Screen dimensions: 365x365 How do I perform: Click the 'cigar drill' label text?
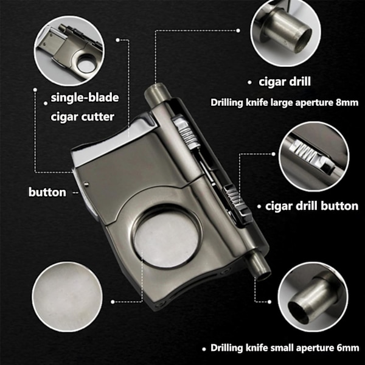pyautogui.click(x=285, y=82)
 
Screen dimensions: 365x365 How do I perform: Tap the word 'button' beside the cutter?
pyautogui.click(x=47, y=192)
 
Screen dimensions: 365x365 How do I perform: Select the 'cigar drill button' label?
pyautogui.click(x=311, y=206)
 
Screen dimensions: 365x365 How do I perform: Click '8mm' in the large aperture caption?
pyautogui.click(x=347, y=102)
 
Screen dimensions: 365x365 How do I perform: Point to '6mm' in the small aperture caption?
pyautogui.click(x=348, y=348)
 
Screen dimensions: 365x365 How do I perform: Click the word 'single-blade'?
pyautogui.click(x=85, y=97)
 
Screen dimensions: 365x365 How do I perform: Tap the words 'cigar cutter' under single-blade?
pyautogui.click(x=82, y=117)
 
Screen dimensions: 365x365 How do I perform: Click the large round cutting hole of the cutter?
pyautogui.click(x=166, y=237)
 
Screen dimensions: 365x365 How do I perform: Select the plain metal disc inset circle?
pyautogui.click(x=67, y=297)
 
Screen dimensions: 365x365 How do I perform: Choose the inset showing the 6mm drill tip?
pyautogui.click(x=313, y=297)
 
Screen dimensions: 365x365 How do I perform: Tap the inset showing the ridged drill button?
pyautogui.click(x=314, y=156)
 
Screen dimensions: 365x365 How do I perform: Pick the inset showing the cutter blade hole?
pyautogui.click(x=69, y=50)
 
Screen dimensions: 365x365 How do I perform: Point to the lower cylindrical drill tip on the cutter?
pyautogui.click(x=259, y=266)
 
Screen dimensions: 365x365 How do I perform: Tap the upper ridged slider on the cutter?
pyautogui.click(x=186, y=133)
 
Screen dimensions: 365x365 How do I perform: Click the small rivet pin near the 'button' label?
pyautogui.click(x=87, y=185)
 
